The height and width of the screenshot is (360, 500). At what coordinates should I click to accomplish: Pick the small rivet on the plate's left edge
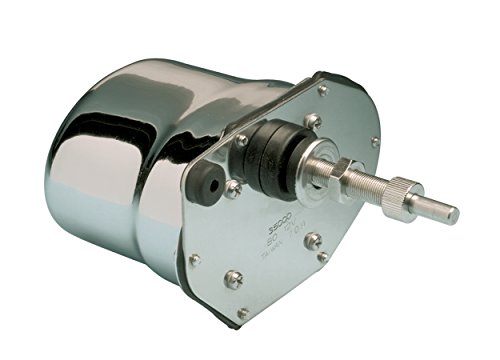[x=194, y=259]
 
